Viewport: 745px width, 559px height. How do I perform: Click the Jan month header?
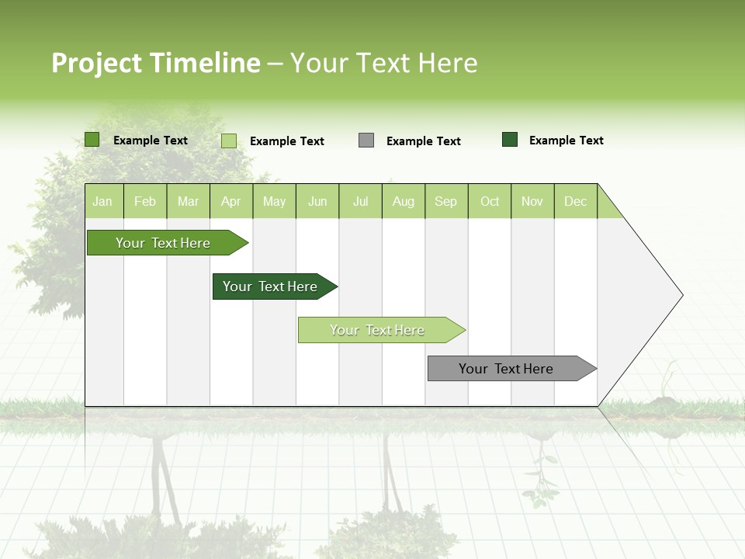(103, 201)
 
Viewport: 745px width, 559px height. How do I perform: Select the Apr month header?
(231, 201)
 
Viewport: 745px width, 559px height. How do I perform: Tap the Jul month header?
(360, 201)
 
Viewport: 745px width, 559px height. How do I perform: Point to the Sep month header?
(446, 201)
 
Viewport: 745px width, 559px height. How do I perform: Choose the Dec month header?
(575, 201)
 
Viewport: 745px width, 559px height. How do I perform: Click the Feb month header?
(145, 201)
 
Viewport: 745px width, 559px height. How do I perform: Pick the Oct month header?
(490, 201)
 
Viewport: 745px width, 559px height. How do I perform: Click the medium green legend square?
(92, 140)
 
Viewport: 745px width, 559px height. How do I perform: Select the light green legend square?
(229, 141)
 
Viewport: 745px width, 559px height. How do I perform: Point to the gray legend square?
(366, 141)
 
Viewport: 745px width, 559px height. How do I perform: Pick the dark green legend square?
(510, 140)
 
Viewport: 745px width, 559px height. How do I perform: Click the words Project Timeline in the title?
(155, 63)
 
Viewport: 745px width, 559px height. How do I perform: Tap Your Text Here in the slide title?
(383, 63)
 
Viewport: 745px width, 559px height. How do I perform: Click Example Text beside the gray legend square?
(423, 141)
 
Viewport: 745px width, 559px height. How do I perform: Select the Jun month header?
(317, 201)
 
